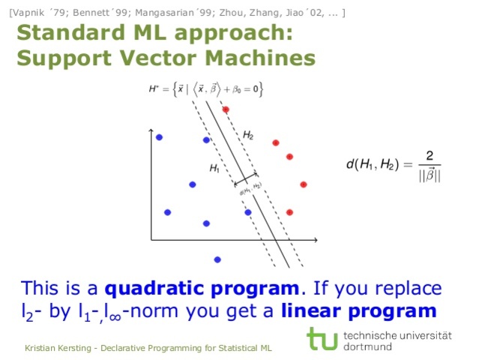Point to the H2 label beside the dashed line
tap(248, 135)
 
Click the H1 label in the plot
tap(214, 169)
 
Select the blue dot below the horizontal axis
tap(217, 259)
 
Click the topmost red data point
tap(225, 109)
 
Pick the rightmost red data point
tap(304, 184)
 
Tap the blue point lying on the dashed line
tap(247, 212)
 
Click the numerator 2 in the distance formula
tap(429, 156)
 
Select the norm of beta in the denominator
tap(429, 175)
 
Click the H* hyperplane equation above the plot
tap(205, 90)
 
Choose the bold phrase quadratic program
tap(202, 289)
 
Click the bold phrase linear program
tap(359, 310)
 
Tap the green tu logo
tap(322, 338)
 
